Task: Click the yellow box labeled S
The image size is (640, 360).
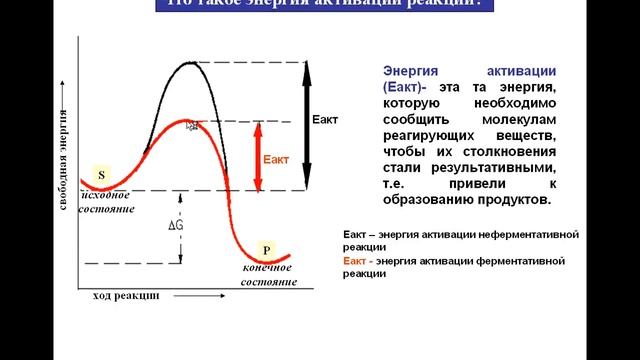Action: (101, 175)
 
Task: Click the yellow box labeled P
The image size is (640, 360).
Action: (266, 249)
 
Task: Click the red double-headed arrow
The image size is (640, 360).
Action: (257, 155)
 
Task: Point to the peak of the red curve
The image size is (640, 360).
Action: (190, 122)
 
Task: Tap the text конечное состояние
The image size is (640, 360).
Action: (269, 275)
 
